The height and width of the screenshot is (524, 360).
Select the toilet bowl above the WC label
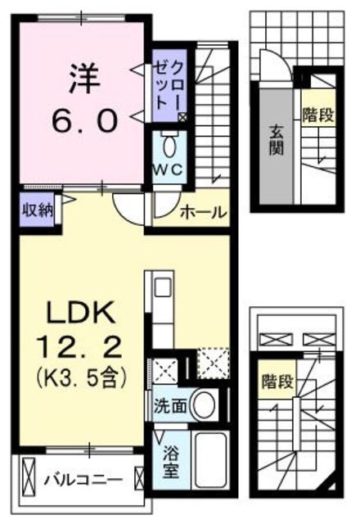click(169, 146)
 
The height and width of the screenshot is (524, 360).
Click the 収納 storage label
click(36, 210)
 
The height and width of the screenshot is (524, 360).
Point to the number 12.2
click(82, 348)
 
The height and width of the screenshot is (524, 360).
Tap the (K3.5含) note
click(82, 378)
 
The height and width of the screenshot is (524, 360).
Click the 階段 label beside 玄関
click(317, 114)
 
